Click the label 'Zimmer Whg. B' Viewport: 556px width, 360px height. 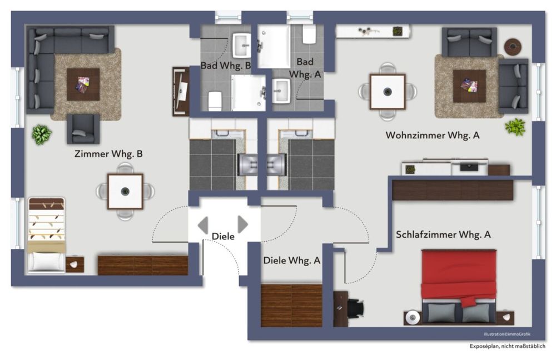[108, 154]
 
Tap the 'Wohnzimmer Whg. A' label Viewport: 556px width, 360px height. [433, 135]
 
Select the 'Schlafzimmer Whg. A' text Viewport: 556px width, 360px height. [443, 234]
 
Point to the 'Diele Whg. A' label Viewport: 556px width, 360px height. [291, 261]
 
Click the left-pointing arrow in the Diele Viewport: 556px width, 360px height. [203, 225]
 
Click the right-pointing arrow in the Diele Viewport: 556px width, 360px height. [243, 224]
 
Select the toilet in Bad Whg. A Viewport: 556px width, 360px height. [309, 34]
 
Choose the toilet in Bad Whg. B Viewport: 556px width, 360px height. [215, 101]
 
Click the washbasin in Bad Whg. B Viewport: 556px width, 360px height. [242, 46]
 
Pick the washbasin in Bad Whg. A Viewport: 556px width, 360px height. [281, 91]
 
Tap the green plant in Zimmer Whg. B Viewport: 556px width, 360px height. [42, 134]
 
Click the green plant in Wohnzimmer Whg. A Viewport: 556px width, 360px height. [515, 127]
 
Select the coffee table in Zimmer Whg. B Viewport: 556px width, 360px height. [83, 84]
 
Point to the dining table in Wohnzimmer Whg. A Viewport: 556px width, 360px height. [387, 92]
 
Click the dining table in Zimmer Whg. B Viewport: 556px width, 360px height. [125, 191]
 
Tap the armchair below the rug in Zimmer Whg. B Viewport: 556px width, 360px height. [83, 129]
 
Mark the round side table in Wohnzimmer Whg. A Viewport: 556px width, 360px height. [513, 47]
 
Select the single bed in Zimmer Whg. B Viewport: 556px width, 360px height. [47, 235]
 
